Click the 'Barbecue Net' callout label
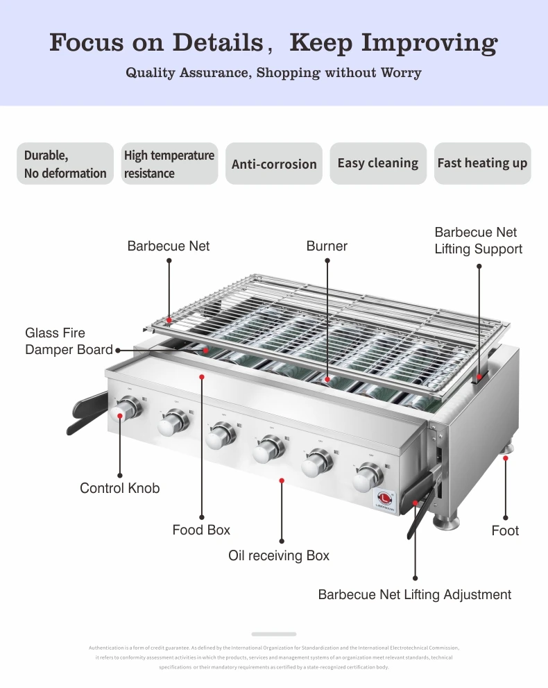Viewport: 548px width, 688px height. click(x=168, y=246)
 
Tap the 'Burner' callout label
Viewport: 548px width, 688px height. click(x=327, y=246)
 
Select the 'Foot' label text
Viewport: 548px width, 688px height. click(x=505, y=530)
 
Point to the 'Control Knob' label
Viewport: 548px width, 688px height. click(x=119, y=488)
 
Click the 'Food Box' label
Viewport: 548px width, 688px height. click(x=201, y=530)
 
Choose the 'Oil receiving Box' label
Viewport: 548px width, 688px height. click(x=279, y=555)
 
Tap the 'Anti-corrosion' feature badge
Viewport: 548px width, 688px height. click(x=274, y=164)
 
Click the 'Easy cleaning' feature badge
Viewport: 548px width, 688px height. click(x=378, y=163)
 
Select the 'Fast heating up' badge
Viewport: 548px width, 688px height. click(x=482, y=163)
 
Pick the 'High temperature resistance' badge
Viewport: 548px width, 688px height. click(x=169, y=164)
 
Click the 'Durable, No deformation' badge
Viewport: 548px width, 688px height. click(x=65, y=164)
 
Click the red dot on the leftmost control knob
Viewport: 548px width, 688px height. click(x=121, y=416)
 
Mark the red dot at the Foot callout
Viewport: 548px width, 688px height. click(x=505, y=458)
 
